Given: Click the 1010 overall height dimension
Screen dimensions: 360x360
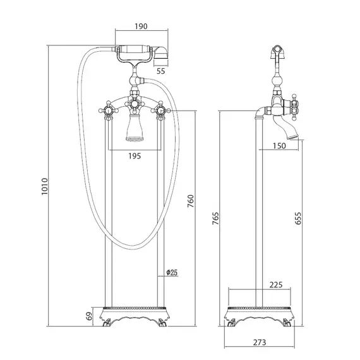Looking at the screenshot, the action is [x=45, y=186].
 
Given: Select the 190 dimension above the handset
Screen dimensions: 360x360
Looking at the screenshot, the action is [x=141, y=27].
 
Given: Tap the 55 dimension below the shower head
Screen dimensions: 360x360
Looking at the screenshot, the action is [x=160, y=71].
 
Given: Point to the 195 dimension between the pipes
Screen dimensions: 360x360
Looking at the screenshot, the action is [x=135, y=156].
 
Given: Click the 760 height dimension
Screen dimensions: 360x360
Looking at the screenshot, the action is [x=191, y=201].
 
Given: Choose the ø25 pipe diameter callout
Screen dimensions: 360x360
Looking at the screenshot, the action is [x=172, y=272].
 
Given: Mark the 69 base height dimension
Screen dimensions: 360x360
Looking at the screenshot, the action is [x=90, y=316].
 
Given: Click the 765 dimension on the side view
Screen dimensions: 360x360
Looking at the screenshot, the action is [x=215, y=219].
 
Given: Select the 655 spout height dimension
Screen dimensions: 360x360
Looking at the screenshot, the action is [x=297, y=219].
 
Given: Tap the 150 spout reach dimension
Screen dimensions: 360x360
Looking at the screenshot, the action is [x=279, y=146].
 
